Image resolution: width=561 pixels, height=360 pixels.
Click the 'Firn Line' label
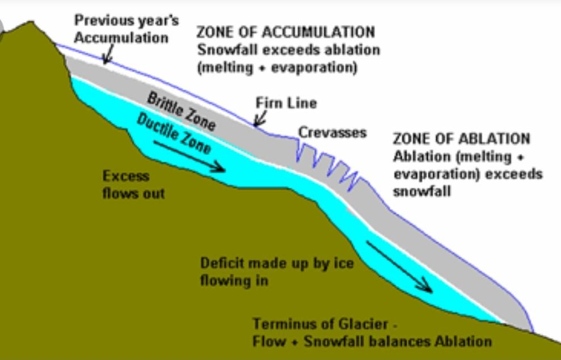click(x=286, y=103)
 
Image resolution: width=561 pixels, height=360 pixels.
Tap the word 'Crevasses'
click(x=332, y=133)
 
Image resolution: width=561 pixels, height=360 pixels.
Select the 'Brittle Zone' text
click(x=182, y=111)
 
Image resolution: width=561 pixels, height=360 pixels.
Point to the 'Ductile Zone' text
click(x=174, y=134)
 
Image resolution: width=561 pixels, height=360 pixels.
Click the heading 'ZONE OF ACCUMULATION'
click(x=285, y=32)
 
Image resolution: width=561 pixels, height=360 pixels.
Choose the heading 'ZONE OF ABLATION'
click(x=461, y=139)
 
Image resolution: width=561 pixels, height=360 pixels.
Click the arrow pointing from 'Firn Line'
click(x=260, y=118)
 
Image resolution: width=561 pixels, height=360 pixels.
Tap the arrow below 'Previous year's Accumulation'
click(x=108, y=54)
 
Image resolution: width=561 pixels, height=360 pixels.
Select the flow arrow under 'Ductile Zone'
click(x=189, y=156)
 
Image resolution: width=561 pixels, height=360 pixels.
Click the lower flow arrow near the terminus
click(x=400, y=266)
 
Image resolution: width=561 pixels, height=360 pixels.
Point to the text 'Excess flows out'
click(x=133, y=185)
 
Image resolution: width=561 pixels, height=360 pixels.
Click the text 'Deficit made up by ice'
click(x=277, y=263)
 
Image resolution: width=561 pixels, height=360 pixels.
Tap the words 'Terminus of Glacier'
click(x=320, y=324)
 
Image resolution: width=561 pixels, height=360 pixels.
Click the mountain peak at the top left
click(x=32, y=23)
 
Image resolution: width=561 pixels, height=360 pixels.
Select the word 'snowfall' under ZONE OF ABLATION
click(x=422, y=191)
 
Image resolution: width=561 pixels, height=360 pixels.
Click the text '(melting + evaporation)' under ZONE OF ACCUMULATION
click(x=277, y=67)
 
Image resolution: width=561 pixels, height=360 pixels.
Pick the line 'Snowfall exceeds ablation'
click(x=288, y=50)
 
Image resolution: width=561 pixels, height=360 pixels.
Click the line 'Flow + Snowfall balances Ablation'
click(x=372, y=341)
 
